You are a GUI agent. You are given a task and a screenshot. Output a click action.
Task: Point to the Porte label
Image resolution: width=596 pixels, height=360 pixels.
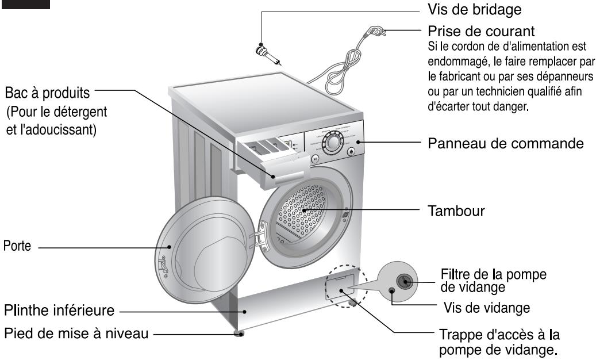(19, 246)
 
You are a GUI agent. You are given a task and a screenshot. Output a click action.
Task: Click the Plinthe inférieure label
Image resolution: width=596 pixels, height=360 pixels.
(60, 311)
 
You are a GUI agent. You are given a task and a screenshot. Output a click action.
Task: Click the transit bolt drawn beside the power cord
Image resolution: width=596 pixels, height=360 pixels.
(267, 54)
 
